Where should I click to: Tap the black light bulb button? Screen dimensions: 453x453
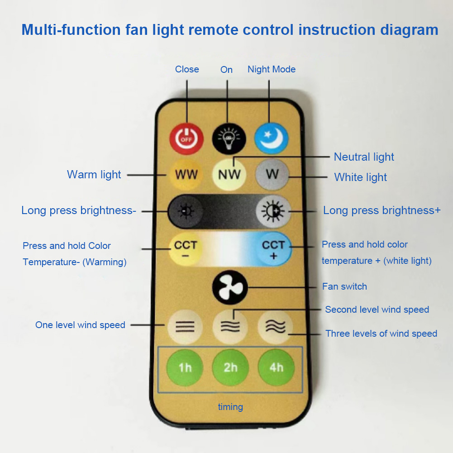click(x=229, y=138)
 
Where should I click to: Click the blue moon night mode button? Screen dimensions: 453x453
click(x=271, y=138)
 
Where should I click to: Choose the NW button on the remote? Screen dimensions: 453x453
click(x=229, y=174)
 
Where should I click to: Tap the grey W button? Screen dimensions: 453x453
click(x=272, y=174)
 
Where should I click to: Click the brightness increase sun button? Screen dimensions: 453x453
click(x=273, y=211)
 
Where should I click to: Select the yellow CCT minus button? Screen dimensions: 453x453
click(x=186, y=249)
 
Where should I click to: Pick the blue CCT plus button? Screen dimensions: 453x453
click(x=274, y=249)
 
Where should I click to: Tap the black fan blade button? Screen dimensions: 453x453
click(x=230, y=287)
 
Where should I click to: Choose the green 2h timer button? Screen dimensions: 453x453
click(x=230, y=367)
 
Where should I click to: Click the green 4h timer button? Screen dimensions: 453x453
click(x=276, y=367)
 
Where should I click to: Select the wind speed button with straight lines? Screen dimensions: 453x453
click(x=185, y=327)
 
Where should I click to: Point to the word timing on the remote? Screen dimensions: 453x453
click(x=230, y=407)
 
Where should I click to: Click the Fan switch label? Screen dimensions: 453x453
click(x=344, y=286)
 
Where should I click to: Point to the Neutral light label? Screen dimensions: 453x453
click(x=364, y=157)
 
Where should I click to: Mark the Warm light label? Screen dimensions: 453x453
click(x=94, y=175)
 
